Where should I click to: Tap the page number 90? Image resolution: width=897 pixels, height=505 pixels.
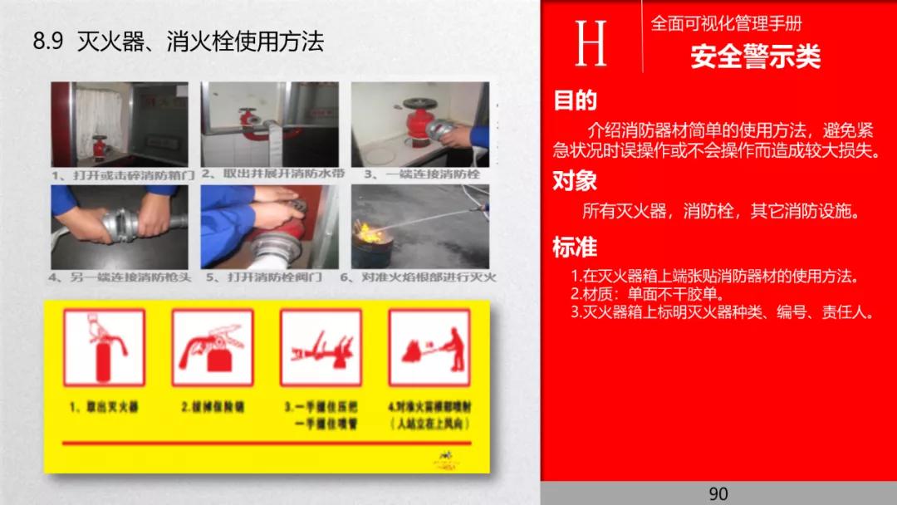(x=718, y=493)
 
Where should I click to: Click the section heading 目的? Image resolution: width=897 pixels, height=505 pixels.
(x=576, y=101)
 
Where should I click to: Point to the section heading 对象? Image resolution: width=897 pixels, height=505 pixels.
(x=576, y=180)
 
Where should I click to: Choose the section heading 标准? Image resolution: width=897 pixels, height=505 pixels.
(x=576, y=247)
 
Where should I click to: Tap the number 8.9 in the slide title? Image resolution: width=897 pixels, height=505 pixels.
(x=48, y=42)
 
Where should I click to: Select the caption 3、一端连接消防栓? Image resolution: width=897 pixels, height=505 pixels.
(x=422, y=174)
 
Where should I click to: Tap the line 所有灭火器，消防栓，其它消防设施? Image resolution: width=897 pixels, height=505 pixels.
(x=719, y=211)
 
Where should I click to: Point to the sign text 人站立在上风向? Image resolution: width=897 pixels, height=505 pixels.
(x=429, y=424)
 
